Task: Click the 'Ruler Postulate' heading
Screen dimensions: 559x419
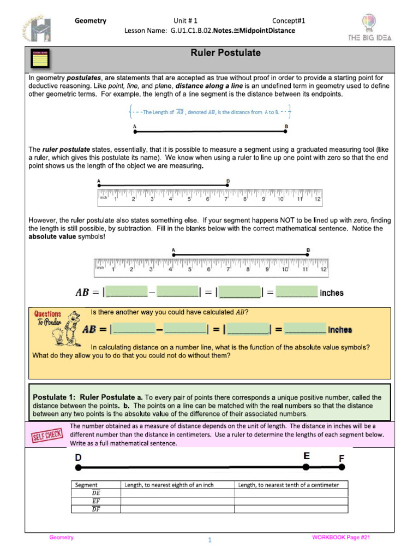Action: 225,53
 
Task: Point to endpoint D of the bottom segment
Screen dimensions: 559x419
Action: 79,467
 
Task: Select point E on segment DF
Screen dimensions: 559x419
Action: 306,467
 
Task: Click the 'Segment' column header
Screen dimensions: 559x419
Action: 87,485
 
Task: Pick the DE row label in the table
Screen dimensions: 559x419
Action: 95,492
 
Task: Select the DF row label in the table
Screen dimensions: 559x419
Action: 95,509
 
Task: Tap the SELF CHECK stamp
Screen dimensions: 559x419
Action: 47,435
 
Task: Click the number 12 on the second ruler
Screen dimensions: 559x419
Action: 323,269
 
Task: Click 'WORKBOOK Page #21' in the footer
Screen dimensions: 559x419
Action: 341,538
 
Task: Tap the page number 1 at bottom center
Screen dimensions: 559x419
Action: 209,540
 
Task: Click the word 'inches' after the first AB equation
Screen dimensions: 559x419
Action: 332,293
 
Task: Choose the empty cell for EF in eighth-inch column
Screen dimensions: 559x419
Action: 177,501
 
